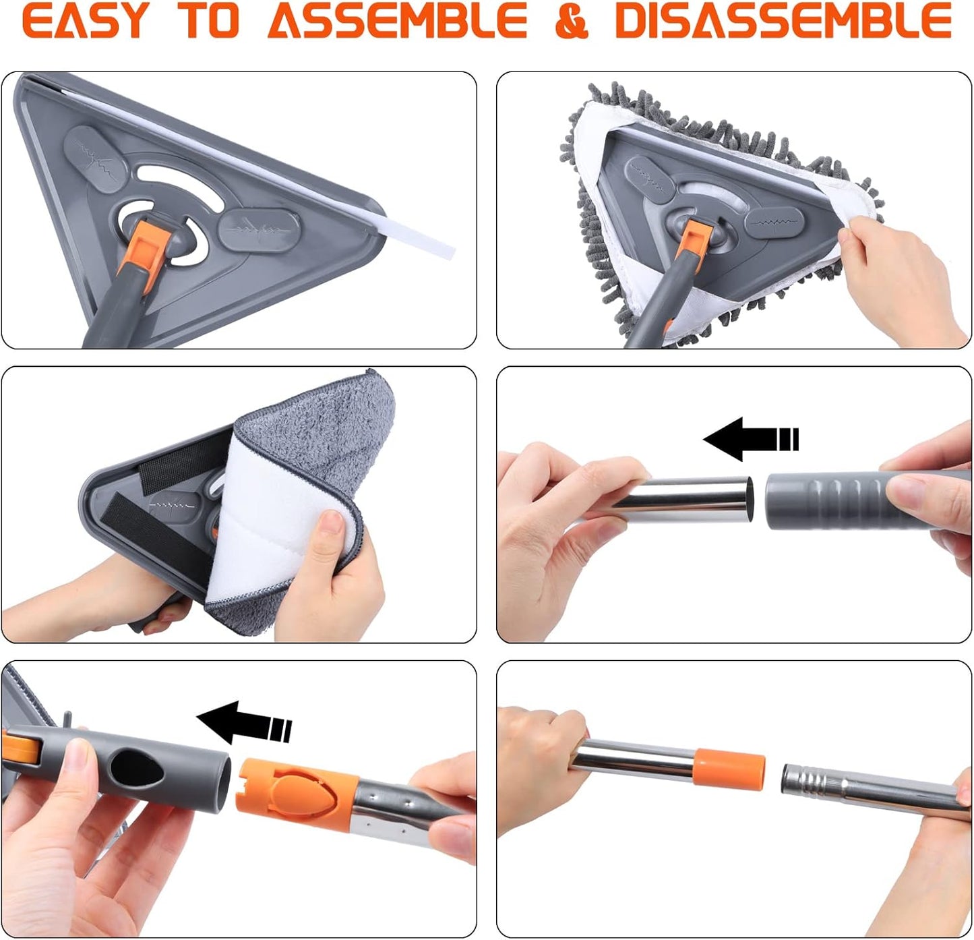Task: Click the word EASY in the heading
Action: coord(86,20)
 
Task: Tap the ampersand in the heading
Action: coord(572,20)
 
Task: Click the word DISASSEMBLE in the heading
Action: coord(784,20)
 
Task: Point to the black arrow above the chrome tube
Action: coord(751,438)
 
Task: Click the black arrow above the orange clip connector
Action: coord(244,723)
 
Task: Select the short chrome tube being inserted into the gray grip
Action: coord(688,500)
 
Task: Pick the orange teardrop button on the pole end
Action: coord(302,786)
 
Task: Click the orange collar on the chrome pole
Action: coord(729,768)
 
